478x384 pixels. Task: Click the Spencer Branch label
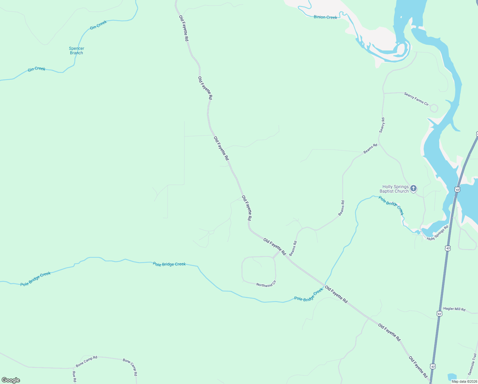tap(76, 51)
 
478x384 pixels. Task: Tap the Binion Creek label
tap(325, 17)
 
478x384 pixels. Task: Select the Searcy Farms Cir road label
tap(416, 99)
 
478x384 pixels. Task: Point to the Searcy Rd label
tap(382, 125)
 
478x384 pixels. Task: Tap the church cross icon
tap(413, 188)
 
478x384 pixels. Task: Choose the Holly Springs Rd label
tap(437, 233)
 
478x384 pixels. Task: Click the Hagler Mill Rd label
tap(454, 309)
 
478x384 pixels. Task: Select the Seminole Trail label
tap(472, 364)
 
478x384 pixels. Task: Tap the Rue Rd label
tap(74, 377)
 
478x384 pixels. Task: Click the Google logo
tap(11, 380)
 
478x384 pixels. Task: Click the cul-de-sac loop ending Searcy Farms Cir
tap(434, 108)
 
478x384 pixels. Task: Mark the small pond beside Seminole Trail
tap(452, 377)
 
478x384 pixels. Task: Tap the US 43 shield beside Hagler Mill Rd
tap(439, 314)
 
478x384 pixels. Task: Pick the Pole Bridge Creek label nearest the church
tap(391, 205)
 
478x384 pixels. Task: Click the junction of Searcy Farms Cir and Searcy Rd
tap(383, 93)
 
